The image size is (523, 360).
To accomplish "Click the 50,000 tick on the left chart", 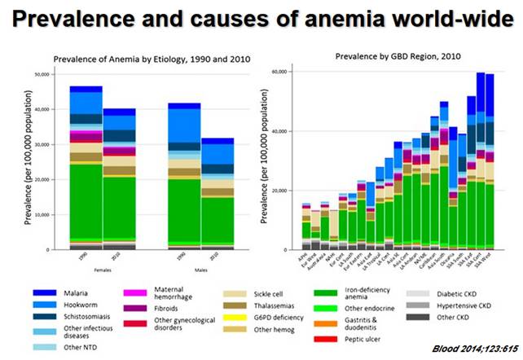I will coord(41,74).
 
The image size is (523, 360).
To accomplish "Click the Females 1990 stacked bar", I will coord(86,171).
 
